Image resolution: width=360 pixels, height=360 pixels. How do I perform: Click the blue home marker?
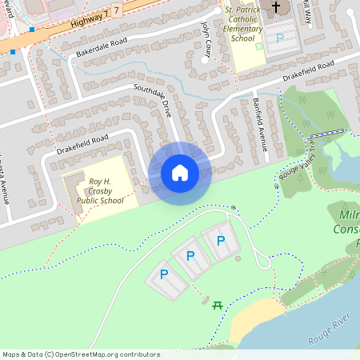180,173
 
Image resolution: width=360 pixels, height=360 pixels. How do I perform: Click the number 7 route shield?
117,10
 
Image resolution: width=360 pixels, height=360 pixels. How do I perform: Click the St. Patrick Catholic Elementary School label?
243,24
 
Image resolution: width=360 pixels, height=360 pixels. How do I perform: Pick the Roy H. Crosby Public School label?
106,191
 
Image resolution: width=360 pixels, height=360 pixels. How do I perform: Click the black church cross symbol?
276,8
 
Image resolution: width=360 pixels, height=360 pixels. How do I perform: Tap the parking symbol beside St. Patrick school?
280,37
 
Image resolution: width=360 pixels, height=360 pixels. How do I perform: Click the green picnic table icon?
218,304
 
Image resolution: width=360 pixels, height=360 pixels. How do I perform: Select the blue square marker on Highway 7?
31,30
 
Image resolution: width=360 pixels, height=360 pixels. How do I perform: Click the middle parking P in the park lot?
190,256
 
